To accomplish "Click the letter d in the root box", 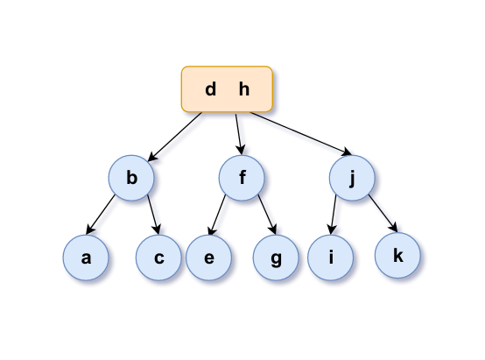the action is click(210, 89).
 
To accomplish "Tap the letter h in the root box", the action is click(244, 89).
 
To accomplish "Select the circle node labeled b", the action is click(131, 178).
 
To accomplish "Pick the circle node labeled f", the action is click(242, 178).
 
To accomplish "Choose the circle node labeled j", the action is click(352, 178).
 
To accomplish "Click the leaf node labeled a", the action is click(86, 258).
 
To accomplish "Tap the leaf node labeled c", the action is click(158, 258).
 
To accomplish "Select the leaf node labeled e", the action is click(208, 258).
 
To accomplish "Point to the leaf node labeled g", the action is click(276, 258).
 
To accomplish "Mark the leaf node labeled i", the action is click(331, 258).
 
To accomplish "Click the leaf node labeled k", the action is click(397, 256).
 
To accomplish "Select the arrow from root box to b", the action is click(175, 137).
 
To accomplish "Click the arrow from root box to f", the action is click(239, 134).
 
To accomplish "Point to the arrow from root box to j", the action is click(300, 133).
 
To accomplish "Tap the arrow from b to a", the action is click(101, 215).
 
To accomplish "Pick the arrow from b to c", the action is click(153, 215).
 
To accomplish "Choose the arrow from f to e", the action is click(218, 215).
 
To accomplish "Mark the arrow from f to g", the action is click(267, 215).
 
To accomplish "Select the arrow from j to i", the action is click(334, 215).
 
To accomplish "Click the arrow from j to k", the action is click(383, 213).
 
